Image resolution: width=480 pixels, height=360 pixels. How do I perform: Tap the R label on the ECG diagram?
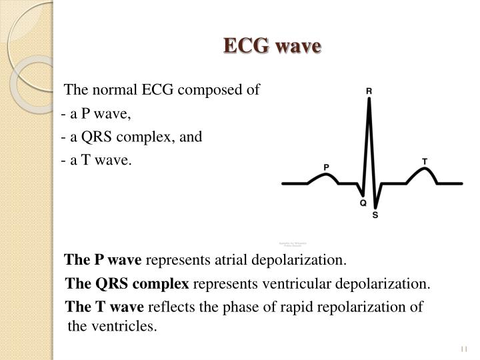(x=369, y=91)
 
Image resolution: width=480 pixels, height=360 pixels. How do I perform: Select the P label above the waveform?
(x=326, y=166)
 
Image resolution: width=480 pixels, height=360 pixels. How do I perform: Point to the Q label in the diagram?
(x=363, y=202)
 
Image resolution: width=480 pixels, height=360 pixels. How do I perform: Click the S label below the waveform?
(x=375, y=215)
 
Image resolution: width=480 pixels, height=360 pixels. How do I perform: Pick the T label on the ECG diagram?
(x=425, y=161)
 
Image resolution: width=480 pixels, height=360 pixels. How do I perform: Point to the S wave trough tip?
(x=376, y=206)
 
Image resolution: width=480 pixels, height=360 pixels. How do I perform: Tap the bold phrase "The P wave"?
(x=103, y=259)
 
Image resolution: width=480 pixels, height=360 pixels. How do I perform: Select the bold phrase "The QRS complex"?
(x=127, y=283)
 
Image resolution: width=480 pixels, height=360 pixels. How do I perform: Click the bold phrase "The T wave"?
(x=104, y=307)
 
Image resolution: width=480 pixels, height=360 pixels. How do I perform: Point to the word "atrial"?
(x=230, y=259)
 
